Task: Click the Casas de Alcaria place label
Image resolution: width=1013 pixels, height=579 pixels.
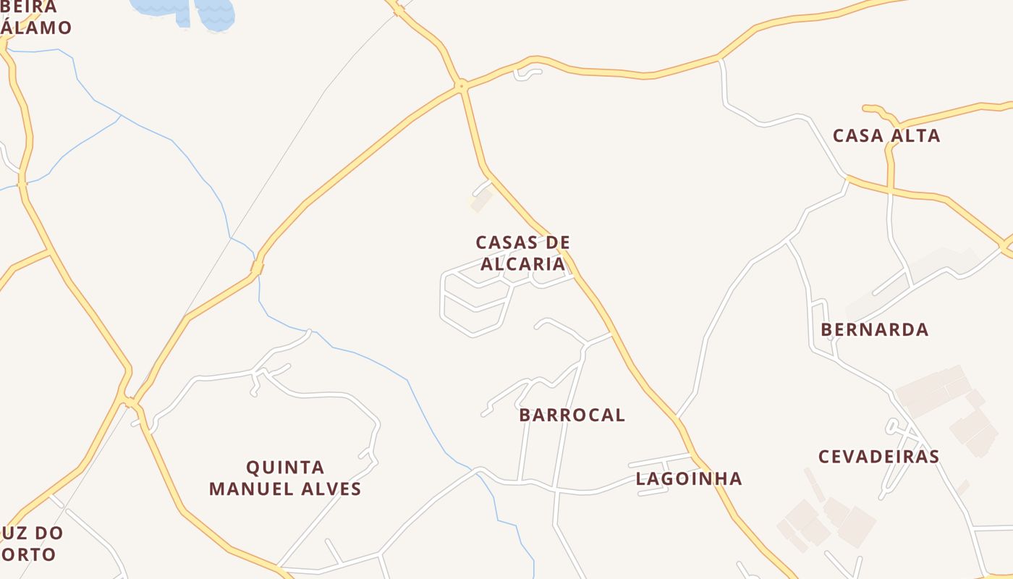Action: point(523,253)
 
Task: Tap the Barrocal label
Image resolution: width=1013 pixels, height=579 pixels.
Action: point(572,415)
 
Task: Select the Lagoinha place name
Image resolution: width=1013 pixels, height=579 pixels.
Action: point(689,478)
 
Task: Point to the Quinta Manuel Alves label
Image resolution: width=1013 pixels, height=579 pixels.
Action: point(285,478)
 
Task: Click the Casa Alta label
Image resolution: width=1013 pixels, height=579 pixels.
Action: point(886,136)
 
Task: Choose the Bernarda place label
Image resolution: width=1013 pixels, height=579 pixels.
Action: point(874,330)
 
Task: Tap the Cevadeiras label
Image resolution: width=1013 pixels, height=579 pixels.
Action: point(878,457)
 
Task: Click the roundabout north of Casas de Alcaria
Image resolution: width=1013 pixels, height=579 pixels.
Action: point(460,86)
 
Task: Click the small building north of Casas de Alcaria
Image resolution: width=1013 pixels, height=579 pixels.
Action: point(481,200)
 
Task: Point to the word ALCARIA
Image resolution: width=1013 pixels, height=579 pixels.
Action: point(523,264)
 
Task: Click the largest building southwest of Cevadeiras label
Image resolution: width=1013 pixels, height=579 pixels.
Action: point(857,526)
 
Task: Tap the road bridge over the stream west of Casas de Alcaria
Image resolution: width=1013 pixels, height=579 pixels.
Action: point(257,268)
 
